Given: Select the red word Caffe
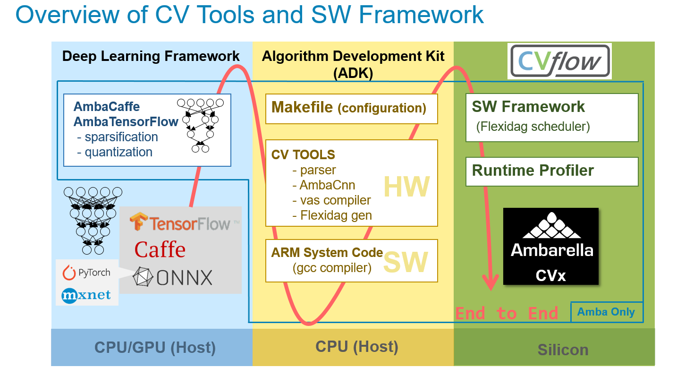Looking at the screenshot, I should click(160, 249).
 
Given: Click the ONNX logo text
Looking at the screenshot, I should click(173, 277).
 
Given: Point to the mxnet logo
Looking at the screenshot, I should click(86, 295).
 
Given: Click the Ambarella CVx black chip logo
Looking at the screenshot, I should click(551, 246).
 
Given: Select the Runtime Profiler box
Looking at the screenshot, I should click(551, 171).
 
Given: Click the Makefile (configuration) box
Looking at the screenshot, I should click(351, 108).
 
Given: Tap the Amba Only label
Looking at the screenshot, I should click(606, 312).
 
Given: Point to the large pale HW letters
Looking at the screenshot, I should click(406, 187).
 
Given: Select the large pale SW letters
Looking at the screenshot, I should click(406, 263).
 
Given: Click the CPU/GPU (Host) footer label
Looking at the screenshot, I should click(155, 348).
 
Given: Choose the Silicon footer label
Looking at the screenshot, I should click(563, 350).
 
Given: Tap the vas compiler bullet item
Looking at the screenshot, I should click(331, 200).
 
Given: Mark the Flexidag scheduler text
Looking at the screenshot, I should click(533, 127).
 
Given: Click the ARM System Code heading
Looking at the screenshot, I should click(327, 252).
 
